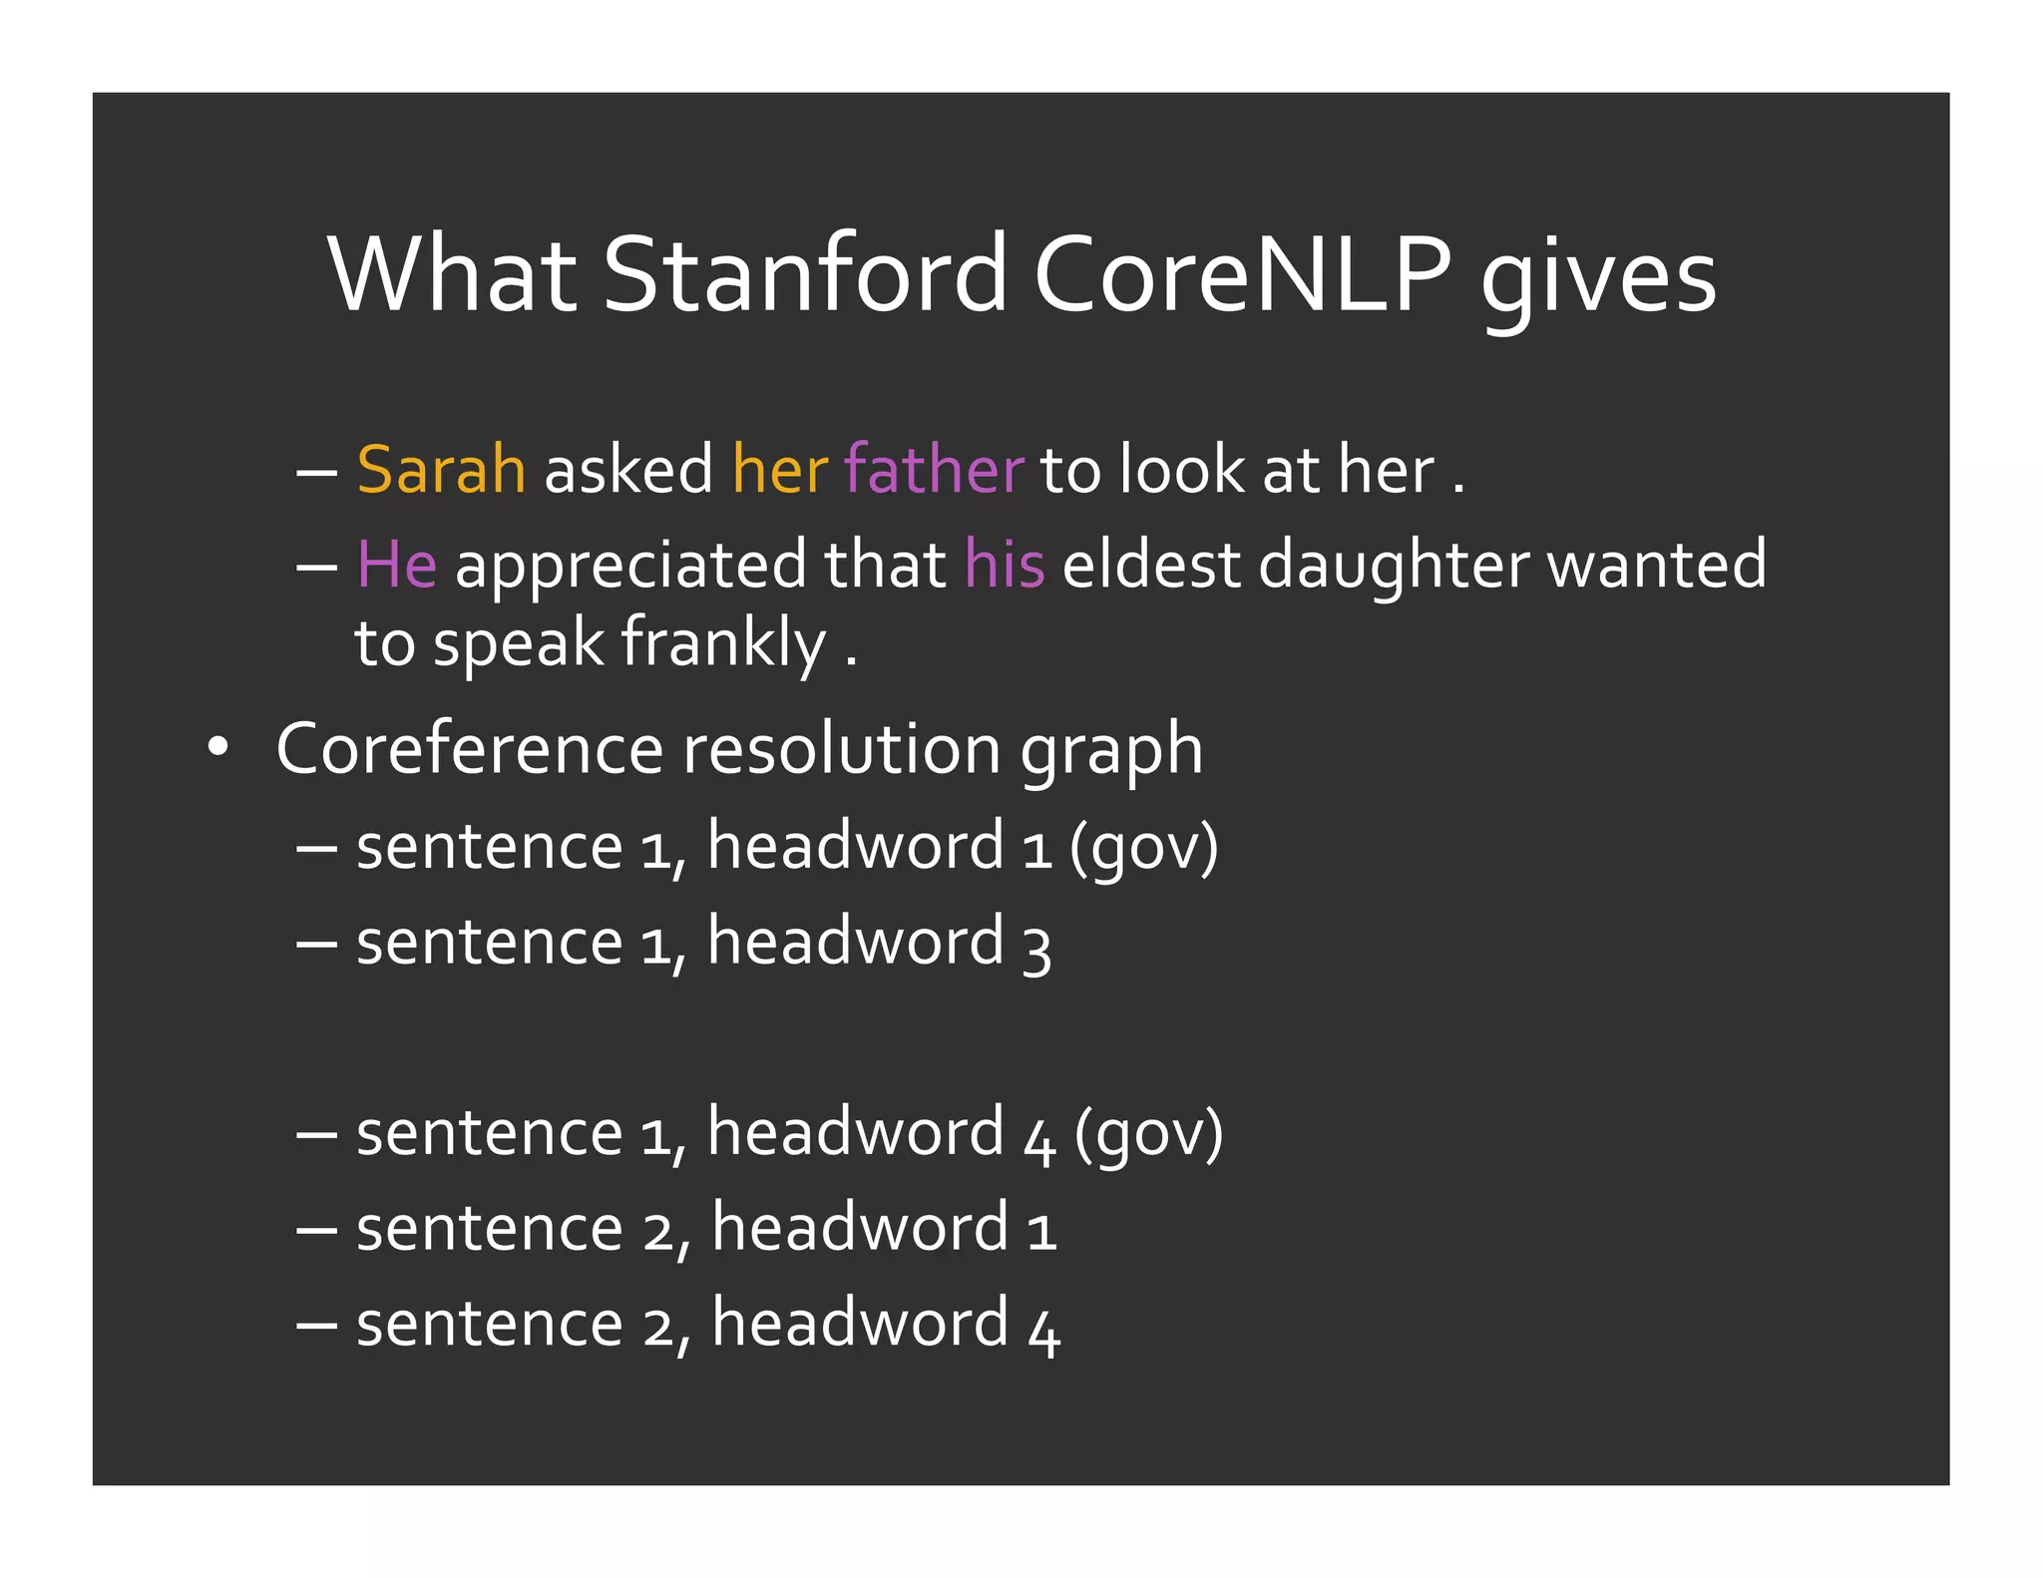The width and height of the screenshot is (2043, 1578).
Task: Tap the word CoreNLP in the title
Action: (1241, 274)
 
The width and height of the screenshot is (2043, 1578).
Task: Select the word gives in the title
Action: (1597, 279)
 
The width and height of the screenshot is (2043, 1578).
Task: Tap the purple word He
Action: (396, 564)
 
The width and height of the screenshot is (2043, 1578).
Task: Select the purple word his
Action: (1005, 564)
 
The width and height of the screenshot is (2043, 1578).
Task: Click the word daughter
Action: (1393, 566)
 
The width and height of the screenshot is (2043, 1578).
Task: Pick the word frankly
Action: (723, 643)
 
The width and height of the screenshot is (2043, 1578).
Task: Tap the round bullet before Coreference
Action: (217, 748)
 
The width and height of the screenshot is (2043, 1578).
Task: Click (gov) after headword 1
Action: (1143, 848)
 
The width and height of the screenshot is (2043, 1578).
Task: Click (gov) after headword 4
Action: (1148, 1134)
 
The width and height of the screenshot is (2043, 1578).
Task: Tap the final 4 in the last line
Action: (1043, 1329)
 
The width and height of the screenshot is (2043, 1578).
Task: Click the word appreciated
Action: (629, 566)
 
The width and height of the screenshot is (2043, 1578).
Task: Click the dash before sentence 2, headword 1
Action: (317, 1230)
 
